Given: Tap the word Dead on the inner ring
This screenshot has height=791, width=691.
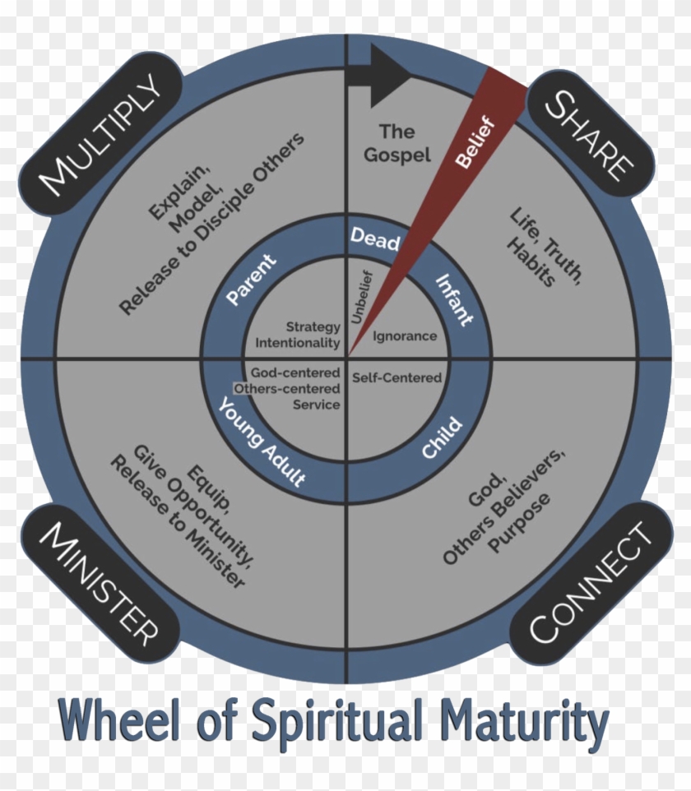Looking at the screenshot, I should click(x=375, y=239).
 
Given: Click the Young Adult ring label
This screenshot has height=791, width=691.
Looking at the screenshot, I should click(x=261, y=442).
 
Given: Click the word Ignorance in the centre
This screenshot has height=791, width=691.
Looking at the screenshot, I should click(x=405, y=336).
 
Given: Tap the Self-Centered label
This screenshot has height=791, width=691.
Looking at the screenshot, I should click(x=397, y=378).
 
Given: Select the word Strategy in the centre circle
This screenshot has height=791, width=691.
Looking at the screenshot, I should click(x=313, y=327).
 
